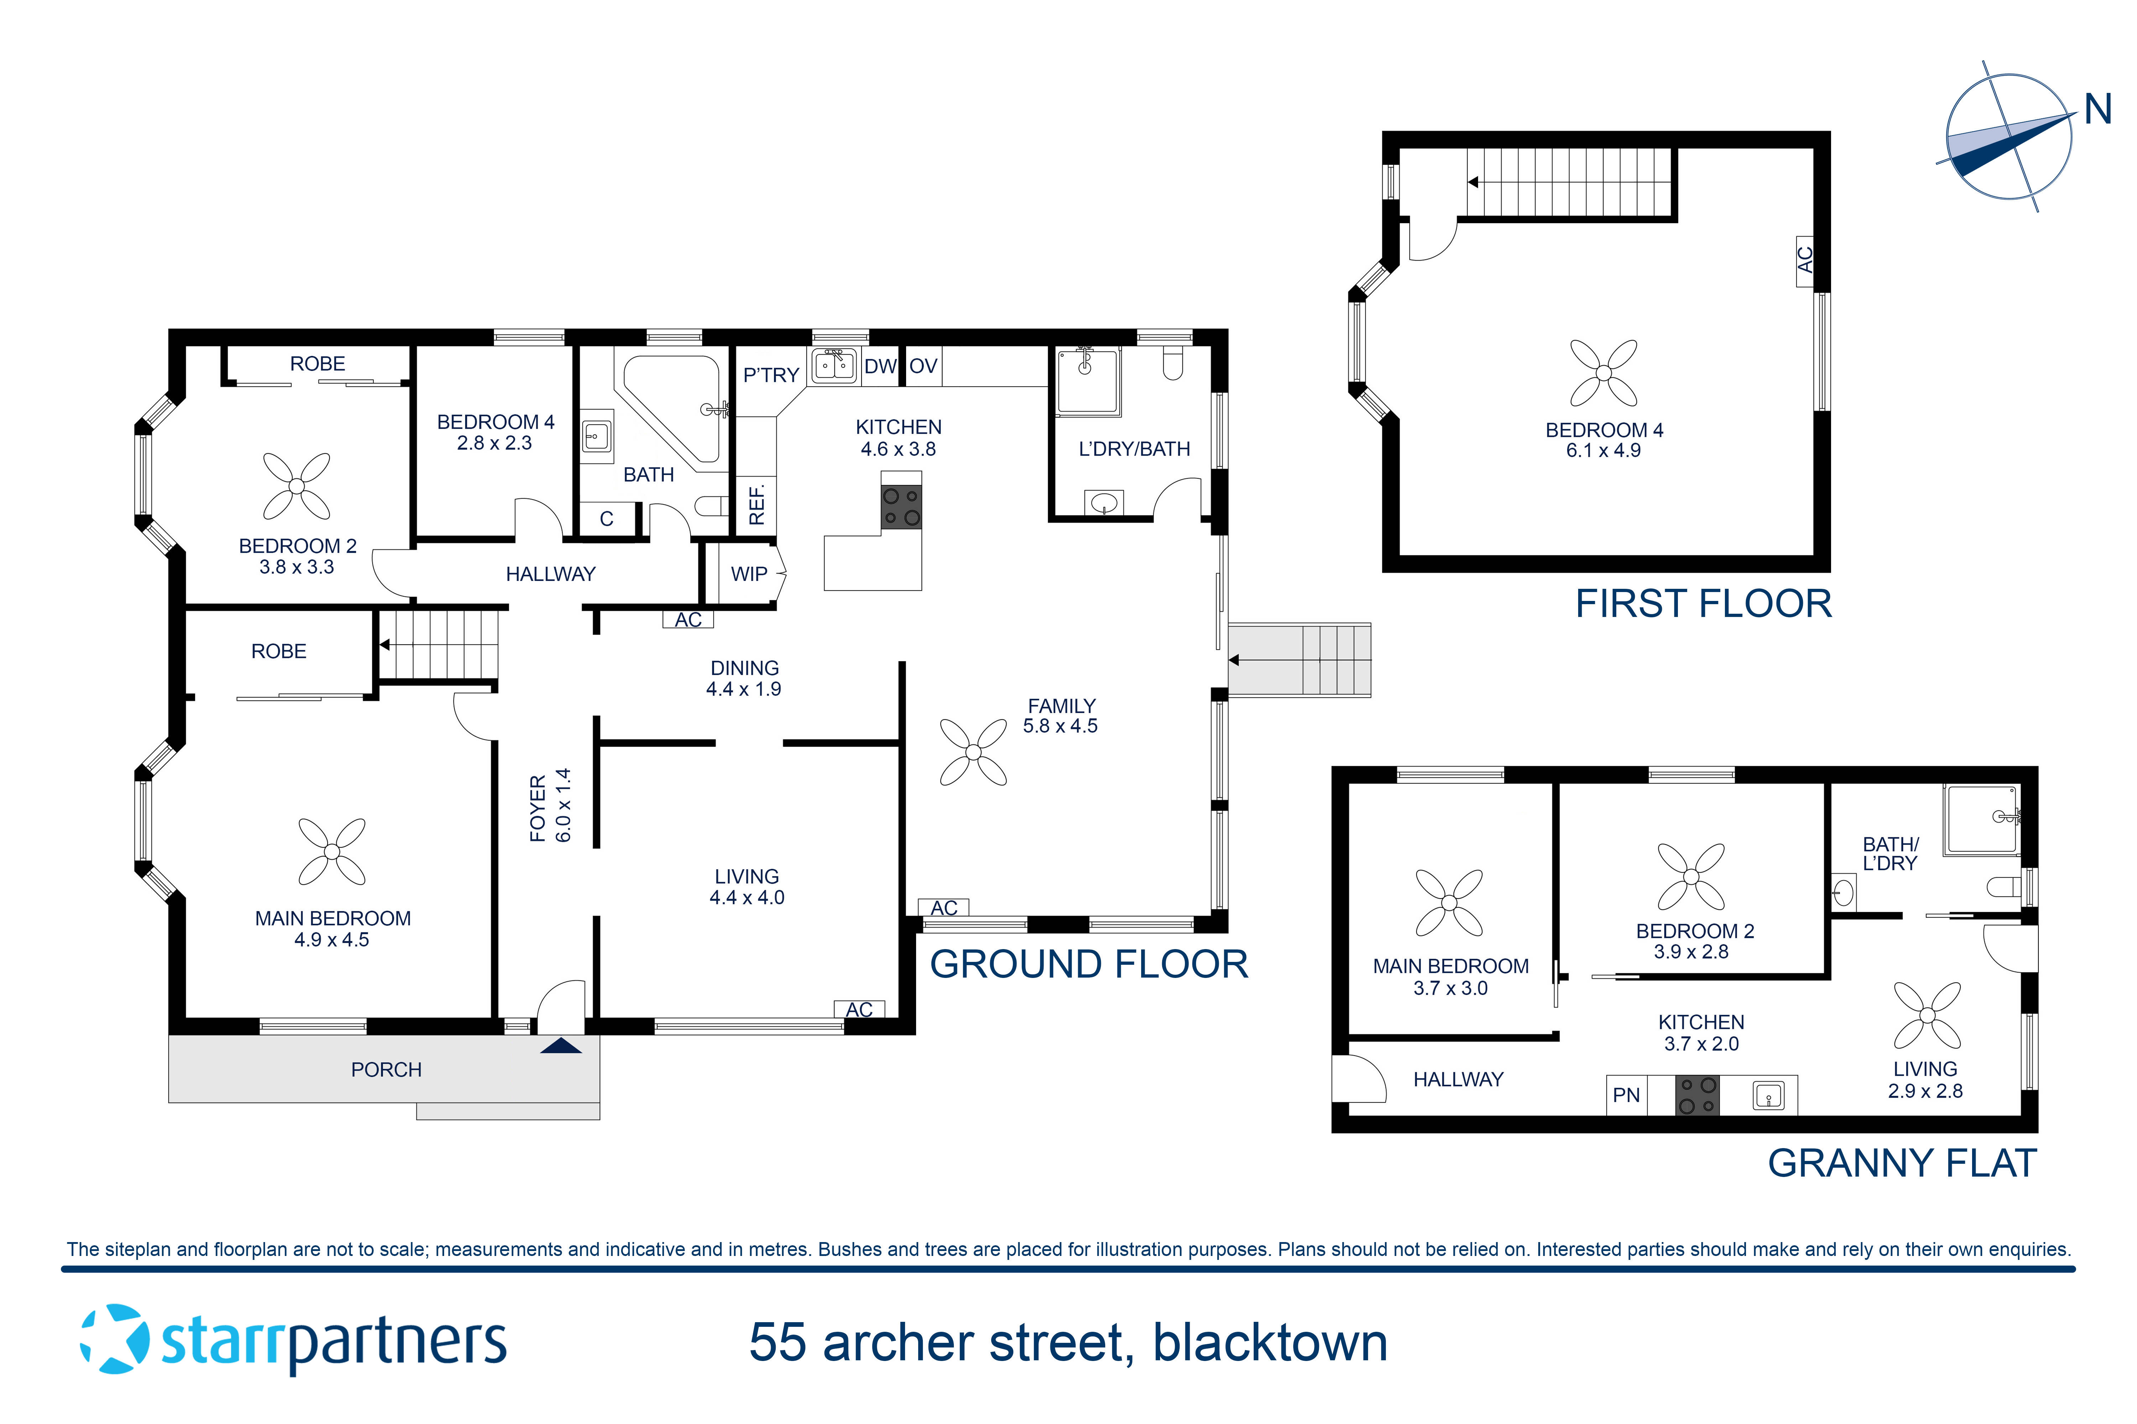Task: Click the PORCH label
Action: click(x=386, y=1070)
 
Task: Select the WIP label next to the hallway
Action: click(x=749, y=574)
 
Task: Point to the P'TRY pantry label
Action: click(x=770, y=375)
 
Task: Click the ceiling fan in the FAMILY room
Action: click(x=973, y=752)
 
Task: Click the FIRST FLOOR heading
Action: click(x=1703, y=604)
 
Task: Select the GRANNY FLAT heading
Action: click(x=1902, y=1163)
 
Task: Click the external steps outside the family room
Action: click(x=1299, y=660)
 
